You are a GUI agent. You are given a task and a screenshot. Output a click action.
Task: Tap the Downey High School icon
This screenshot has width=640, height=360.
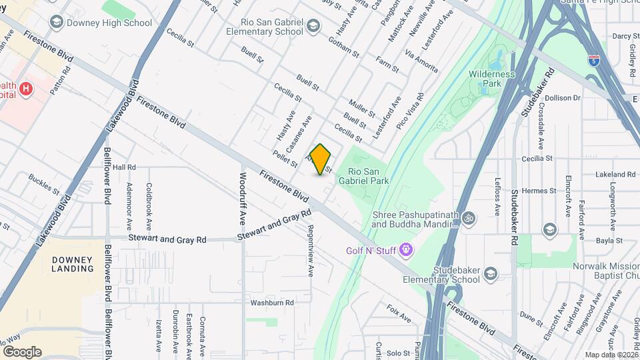(57, 23)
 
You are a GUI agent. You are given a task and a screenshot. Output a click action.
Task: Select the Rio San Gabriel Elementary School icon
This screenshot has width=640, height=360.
(313, 27)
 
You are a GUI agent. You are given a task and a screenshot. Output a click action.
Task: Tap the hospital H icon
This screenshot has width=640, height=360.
(26, 89)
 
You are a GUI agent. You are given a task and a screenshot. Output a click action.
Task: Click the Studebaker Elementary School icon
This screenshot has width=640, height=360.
(491, 273)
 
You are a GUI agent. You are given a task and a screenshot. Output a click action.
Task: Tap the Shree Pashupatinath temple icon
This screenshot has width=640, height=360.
(469, 218)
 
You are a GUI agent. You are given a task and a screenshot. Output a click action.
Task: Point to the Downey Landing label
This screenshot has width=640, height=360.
(73, 263)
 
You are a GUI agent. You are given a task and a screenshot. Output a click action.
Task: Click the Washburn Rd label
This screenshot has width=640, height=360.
(272, 303)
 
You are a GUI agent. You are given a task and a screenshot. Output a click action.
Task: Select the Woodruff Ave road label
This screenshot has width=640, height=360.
(243, 198)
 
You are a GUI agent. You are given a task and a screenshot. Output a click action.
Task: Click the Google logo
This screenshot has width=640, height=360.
(21, 351)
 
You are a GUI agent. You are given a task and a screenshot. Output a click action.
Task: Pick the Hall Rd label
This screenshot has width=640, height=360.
(124, 167)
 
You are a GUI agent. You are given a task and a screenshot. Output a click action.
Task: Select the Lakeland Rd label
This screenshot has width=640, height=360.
(616, 174)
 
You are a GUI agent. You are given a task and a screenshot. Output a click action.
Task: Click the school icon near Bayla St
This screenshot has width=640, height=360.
(549, 230)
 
